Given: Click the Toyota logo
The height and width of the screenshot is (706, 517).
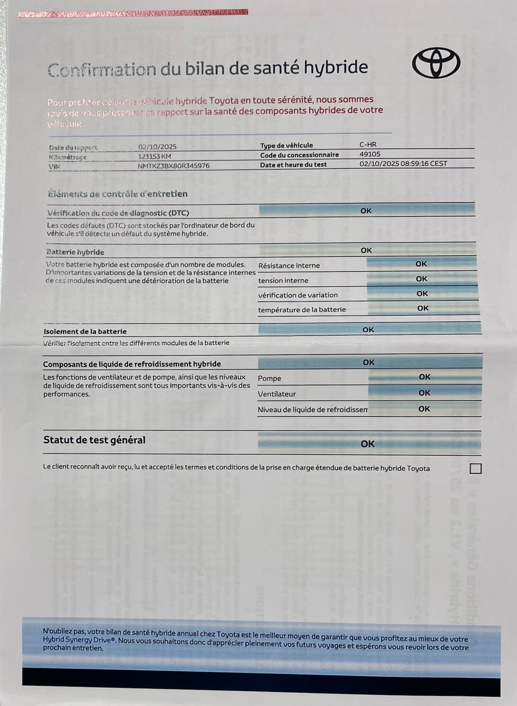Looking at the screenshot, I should pos(436,63).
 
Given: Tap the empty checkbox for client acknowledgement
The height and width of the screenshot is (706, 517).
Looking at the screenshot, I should pos(475,469).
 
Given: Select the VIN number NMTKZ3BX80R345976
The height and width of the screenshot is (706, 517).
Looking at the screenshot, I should pos(174,166).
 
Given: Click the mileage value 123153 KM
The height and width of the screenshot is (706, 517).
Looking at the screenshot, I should pos(154,156).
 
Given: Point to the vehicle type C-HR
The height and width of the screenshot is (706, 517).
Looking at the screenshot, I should pos(368,145).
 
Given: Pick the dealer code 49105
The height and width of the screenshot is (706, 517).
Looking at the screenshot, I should pos(370,154).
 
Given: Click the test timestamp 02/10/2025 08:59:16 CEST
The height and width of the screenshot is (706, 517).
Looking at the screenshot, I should pos(403,163).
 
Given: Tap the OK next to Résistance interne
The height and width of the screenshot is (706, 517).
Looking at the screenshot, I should pos(421,264).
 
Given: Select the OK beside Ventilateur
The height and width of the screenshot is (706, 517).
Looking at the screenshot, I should pos(424,393).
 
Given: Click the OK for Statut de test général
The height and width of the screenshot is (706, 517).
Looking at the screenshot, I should pos(368,444).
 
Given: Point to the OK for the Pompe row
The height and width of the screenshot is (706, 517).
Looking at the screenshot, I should pos(425,377).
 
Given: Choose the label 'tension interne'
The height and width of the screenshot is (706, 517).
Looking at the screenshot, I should pos(283,281).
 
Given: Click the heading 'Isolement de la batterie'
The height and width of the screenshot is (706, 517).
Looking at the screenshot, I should pos(85,331).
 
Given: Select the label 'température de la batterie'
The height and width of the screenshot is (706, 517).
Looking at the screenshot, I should pos(302,310).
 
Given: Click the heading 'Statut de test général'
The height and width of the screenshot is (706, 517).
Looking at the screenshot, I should pos(94,440).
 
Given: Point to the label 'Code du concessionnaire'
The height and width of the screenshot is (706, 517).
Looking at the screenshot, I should pos(299,155).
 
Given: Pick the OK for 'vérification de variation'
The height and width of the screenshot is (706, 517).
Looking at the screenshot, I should pos(422,293).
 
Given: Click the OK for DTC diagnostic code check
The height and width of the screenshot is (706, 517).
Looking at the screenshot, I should pos(366,211).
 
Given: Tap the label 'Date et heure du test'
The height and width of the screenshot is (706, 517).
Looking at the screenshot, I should pos(293,165).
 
